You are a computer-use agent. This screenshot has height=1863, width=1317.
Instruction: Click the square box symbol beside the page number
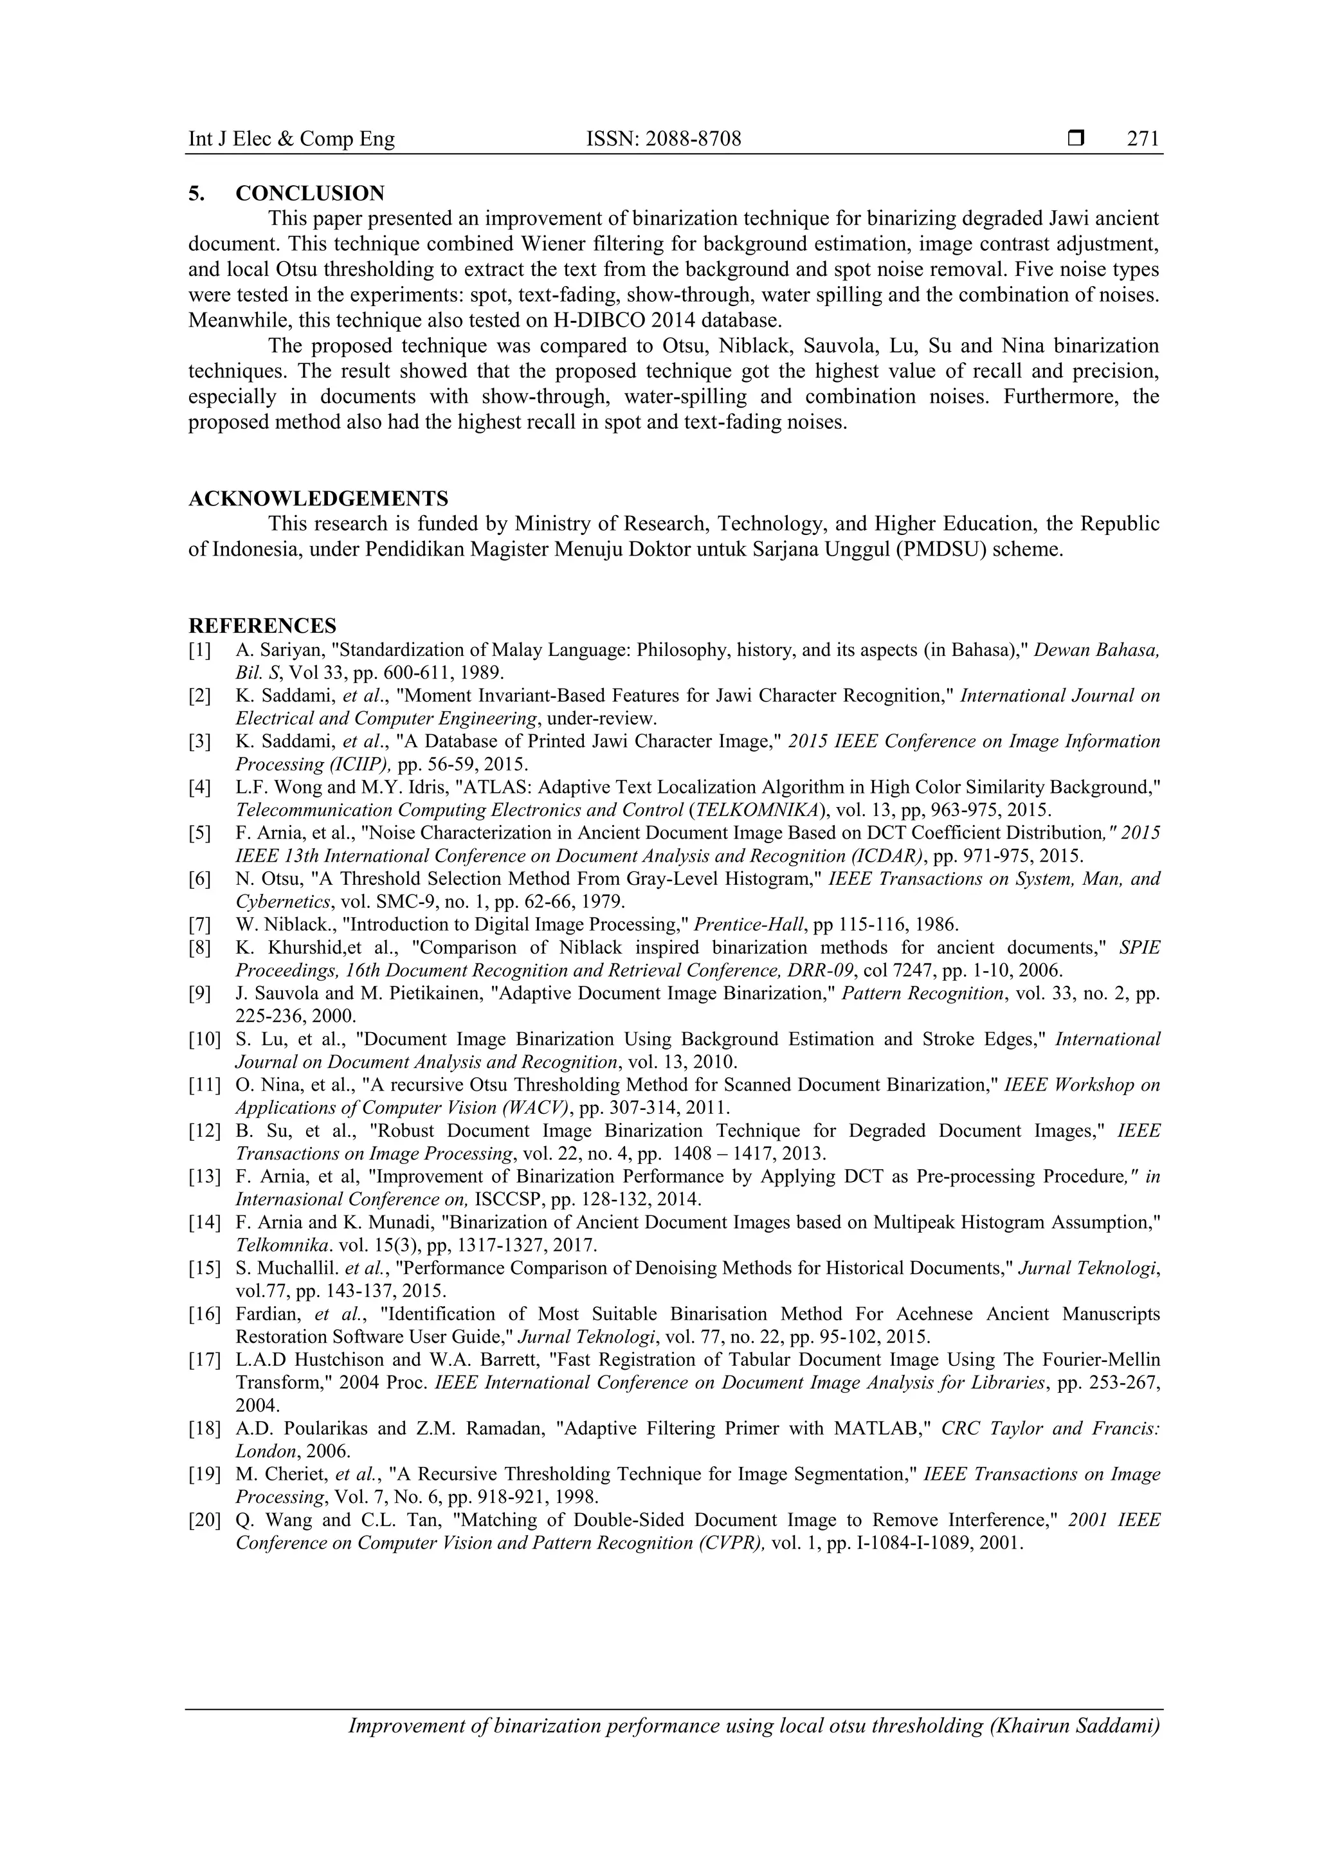(x=1076, y=139)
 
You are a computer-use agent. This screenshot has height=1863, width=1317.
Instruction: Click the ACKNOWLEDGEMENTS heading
(x=318, y=498)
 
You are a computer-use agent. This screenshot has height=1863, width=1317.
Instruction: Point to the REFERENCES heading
(x=262, y=626)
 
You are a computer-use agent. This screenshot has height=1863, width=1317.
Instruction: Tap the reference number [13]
(x=204, y=1177)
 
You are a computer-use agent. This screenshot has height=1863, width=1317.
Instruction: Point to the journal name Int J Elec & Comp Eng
(x=291, y=139)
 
